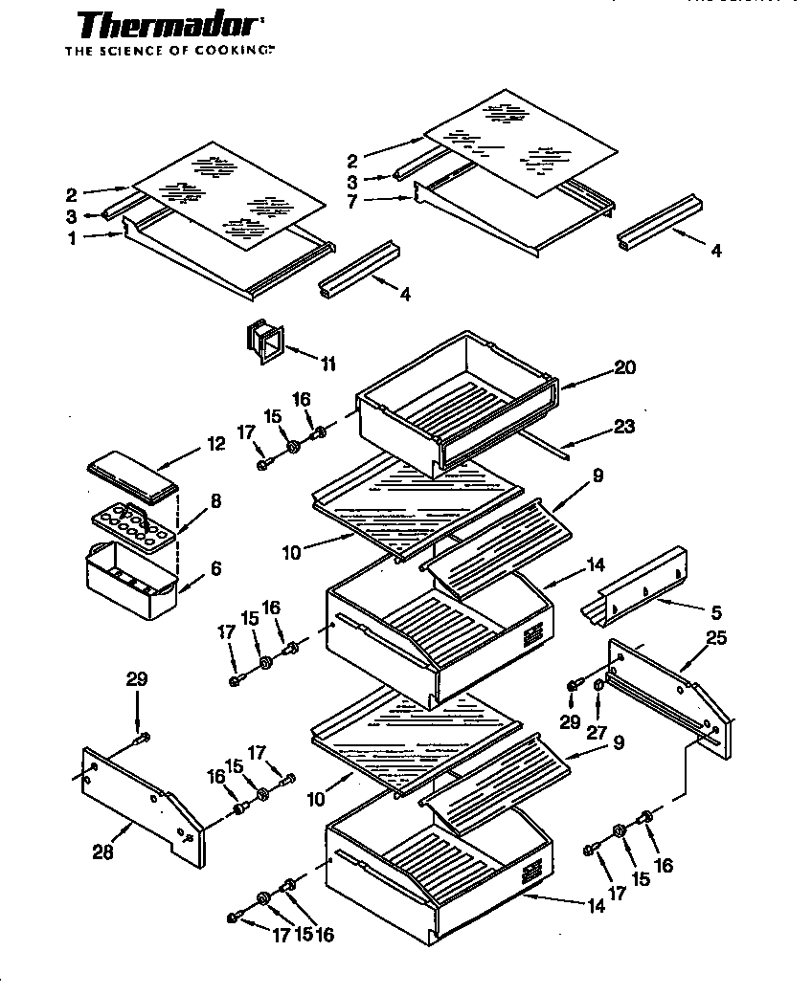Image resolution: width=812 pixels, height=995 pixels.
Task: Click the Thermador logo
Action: [x=169, y=25]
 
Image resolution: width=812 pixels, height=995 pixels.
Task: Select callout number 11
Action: [x=327, y=364]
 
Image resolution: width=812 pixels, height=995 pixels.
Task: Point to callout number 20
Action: [x=625, y=368]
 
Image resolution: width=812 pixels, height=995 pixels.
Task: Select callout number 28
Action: [x=102, y=852]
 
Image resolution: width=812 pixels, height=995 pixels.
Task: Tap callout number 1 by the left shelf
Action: [x=72, y=238]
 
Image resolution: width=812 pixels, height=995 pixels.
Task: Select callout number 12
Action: [x=215, y=443]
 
